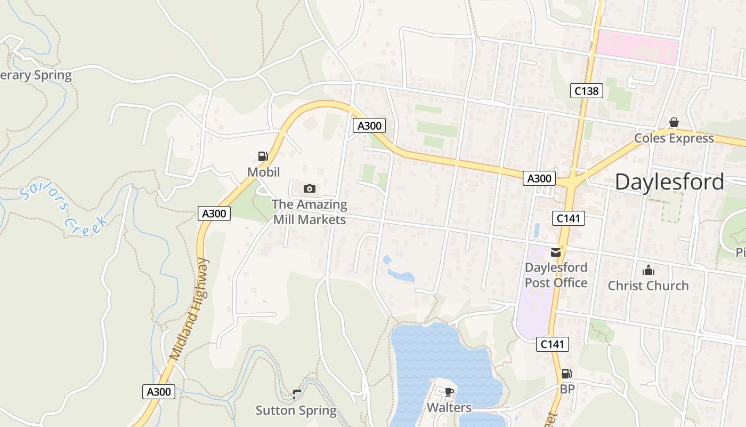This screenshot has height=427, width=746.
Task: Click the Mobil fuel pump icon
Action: click(263, 156)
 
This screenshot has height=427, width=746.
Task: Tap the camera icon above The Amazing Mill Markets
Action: click(309, 188)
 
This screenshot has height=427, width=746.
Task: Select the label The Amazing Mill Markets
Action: click(309, 212)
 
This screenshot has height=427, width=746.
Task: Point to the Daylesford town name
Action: click(669, 182)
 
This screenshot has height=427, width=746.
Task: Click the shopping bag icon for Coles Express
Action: click(674, 123)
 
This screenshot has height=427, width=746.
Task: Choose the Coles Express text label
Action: click(674, 138)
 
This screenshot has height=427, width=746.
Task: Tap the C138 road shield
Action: click(586, 91)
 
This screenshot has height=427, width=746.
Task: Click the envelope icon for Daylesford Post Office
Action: click(556, 252)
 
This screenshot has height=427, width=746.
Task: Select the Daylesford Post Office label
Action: click(556, 275)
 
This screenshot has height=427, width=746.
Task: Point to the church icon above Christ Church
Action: click(648, 270)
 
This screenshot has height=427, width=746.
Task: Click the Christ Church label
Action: click(648, 286)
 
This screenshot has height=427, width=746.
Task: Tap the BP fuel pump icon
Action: click(566, 374)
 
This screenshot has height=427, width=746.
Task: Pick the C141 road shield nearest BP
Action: click(552, 344)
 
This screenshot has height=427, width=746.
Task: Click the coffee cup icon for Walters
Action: click(449, 392)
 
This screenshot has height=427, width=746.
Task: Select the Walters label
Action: click(449, 408)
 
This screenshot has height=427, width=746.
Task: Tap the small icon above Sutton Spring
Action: click(296, 394)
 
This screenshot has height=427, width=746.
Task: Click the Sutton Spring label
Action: click(296, 410)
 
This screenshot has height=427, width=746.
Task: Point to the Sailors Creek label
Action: click(64, 208)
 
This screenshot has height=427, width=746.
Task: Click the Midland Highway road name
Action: click(189, 308)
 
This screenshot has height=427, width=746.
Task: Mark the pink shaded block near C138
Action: click(637, 48)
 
